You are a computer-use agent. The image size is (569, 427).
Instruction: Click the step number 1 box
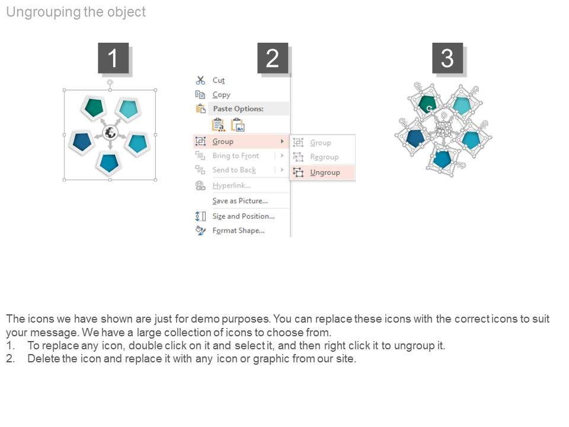pos(113,58)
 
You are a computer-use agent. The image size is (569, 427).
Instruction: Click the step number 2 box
pos(273,58)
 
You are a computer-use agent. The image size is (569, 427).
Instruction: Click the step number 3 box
pos(447,58)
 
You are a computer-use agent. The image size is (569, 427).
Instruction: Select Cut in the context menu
pos(219,80)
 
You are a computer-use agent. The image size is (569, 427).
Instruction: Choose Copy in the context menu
pos(221,94)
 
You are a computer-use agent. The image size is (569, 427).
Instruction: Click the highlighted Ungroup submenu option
pos(325,173)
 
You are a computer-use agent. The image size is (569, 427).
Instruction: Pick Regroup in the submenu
pos(324,157)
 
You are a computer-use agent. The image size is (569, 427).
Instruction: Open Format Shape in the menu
pos(238,231)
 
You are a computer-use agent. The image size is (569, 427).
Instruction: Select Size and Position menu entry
pos(243,216)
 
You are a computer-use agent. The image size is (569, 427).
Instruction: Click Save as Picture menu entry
pos(239,201)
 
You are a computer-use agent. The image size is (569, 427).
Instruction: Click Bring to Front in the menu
pos(235,156)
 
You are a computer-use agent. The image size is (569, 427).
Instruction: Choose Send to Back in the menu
pos(234,170)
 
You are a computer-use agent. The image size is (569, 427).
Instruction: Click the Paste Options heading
pos(238,109)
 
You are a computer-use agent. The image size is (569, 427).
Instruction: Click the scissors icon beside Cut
pos(200,80)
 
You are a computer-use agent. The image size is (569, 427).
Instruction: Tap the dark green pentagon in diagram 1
pos(94,107)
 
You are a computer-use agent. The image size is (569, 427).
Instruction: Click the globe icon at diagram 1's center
pos(110,133)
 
